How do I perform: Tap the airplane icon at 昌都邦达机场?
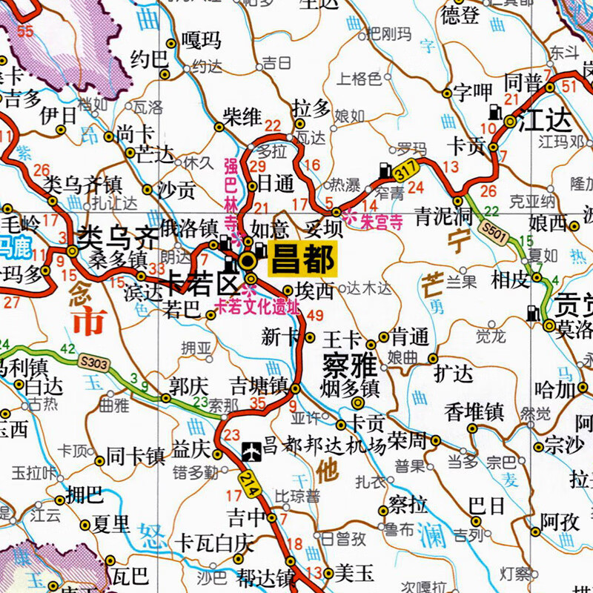[x=252, y=448]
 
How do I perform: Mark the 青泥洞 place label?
[x=443, y=216]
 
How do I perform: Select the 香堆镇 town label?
[x=474, y=413]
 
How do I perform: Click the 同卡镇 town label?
[x=136, y=454]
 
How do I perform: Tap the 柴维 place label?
[x=242, y=116]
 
